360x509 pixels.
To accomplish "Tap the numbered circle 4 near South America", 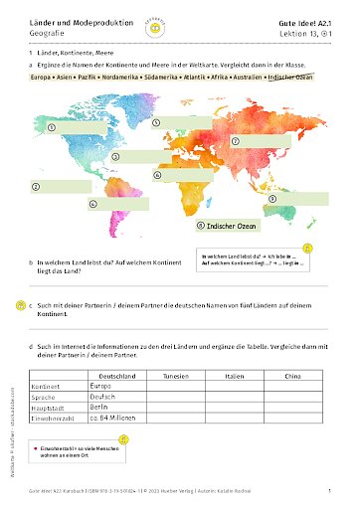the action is (92, 204).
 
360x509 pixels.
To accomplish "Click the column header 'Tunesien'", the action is (176, 376).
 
